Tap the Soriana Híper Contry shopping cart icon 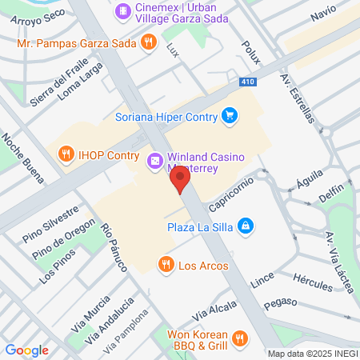pos(230,114)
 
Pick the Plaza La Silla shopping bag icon pos(248,226)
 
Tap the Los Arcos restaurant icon pos(166,265)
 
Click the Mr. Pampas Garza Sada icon pos(147,42)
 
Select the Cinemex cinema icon pos(122,11)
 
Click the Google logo pos(26,350)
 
